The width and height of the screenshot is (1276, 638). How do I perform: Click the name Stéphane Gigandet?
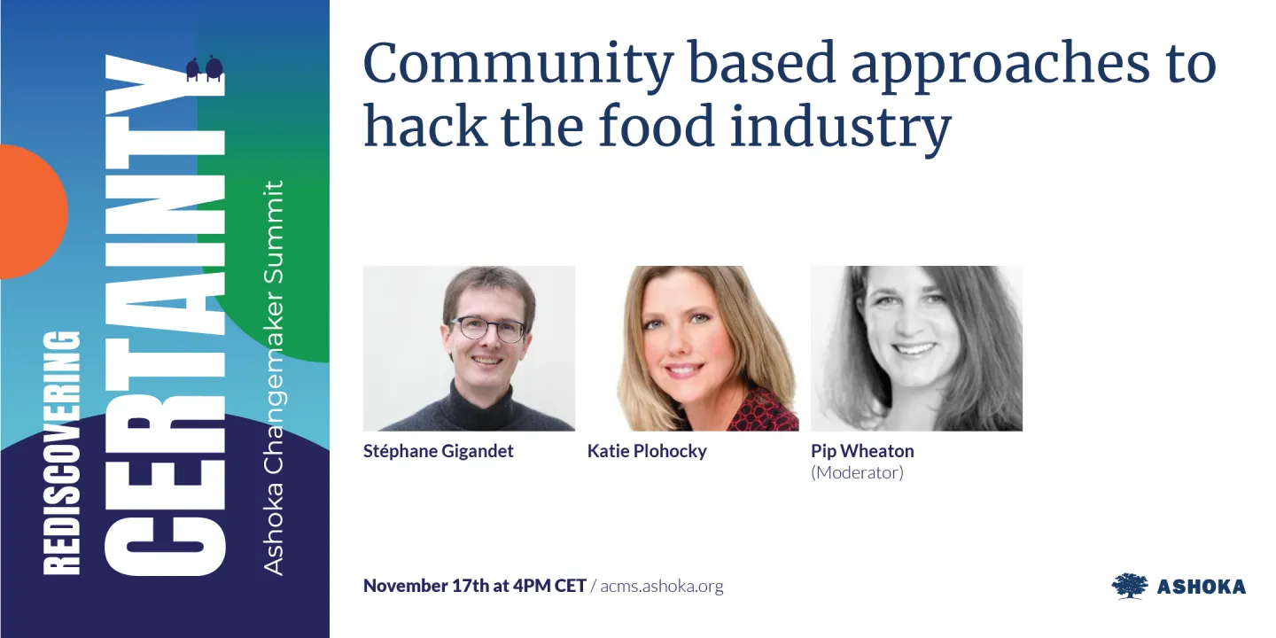coord(439,451)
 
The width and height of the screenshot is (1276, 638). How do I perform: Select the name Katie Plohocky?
coord(647,451)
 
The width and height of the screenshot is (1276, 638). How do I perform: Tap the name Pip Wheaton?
coord(862,451)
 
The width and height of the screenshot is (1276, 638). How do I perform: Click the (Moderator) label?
coord(857,472)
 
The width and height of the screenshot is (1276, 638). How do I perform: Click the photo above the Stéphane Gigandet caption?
coord(469,348)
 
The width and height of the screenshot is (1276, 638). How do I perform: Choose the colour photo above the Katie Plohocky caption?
coord(693,348)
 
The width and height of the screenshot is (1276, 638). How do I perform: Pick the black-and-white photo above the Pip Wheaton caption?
coord(916,348)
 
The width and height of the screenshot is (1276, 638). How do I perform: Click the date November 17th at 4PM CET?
coord(474,586)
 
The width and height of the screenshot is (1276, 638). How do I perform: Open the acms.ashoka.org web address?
coord(661,586)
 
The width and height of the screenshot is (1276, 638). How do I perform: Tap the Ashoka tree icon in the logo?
coord(1129,586)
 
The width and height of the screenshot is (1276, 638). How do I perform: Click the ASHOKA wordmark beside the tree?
coord(1201,587)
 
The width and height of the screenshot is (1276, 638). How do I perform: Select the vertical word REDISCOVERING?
coord(62,452)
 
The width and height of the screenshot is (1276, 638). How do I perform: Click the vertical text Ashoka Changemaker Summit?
coord(275,377)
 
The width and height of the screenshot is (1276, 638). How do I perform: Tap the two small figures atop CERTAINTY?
coord(203,69)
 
